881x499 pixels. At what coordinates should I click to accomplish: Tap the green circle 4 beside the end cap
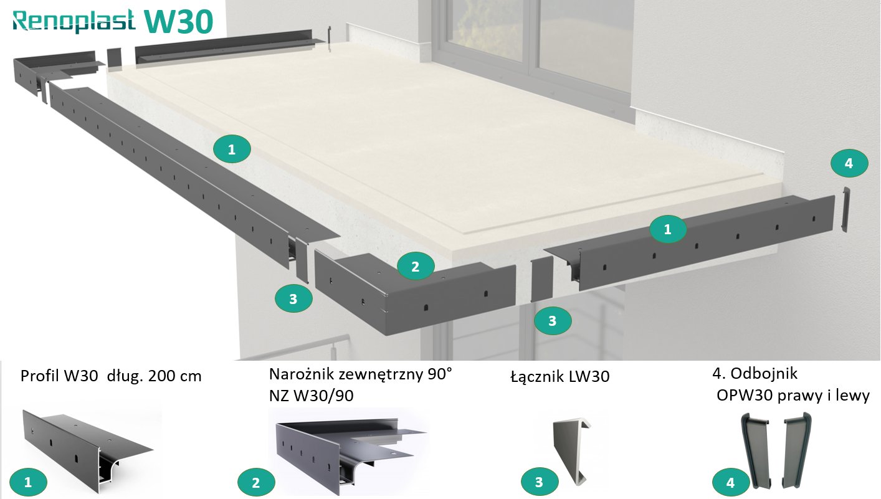pyautogui.click(x=849, y=163)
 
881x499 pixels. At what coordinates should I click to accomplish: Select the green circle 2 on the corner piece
pyautogui.click(x=416, y=267)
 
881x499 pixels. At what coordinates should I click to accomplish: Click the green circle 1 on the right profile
pyautogui.click(x=667, y=229)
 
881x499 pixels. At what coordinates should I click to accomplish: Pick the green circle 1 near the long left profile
pyautogui.click(x=232, y=149)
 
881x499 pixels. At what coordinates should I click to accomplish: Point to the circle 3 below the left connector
pyautogui.click(x=293, y=299)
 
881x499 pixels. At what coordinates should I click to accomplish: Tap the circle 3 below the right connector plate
pyautogui.click(x=552, y=321)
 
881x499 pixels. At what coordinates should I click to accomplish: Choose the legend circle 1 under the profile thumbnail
pyautogui.click(x=27, y=482)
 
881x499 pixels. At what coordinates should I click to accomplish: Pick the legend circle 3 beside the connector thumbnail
pyautogui.click(x=539, y=482)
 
